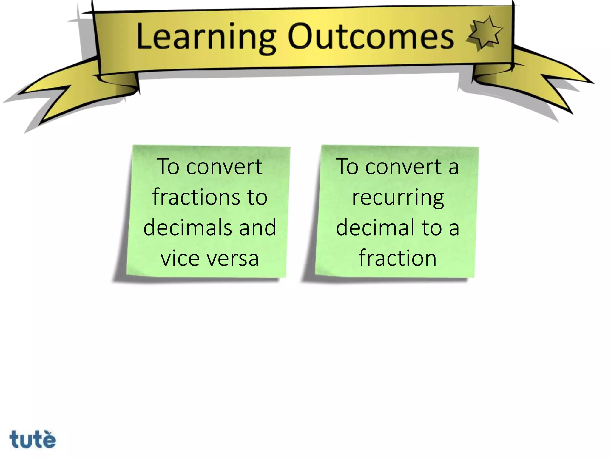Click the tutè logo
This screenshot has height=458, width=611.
pyautogui.click(x=33, y=439)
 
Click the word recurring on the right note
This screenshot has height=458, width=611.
pyautogui.click(x=398, y=198)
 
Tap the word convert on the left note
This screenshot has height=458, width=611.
pyautogui.click(x=224, y=167)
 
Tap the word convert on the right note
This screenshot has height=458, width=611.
pyautogui.click(x=404, y=167)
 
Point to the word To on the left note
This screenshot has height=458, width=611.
pyautogui.click(x=169, y=167)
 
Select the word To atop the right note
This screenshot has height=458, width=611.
pyautogui.click(x=347, y=167)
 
